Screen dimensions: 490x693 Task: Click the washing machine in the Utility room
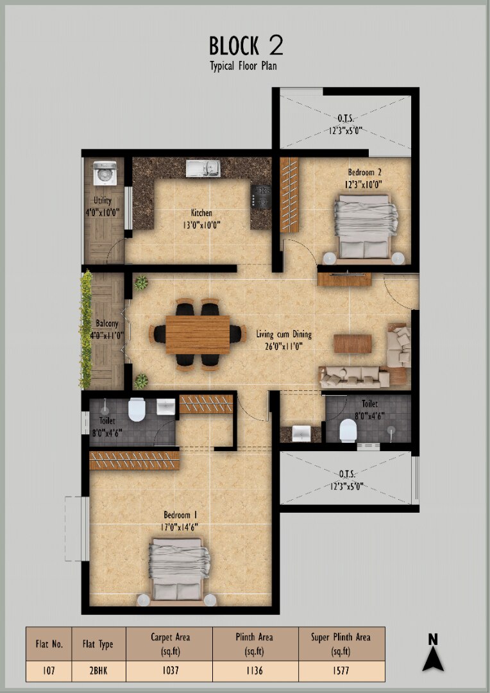click(x=105, y=173)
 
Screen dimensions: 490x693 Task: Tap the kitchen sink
click(x=203, y=168)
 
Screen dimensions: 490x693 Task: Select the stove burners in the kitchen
click(x=260, y=196)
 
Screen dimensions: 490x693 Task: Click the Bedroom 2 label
click(x=364, y=173)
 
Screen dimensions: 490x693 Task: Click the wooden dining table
click(x=198, y=334)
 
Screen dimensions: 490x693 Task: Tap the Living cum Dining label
click(x=284, y=334)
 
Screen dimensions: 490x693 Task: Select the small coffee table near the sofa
click(x=352, y=343)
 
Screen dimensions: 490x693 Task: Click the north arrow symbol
click(x=432, y=653)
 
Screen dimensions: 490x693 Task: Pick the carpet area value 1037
click(x=170, y=671)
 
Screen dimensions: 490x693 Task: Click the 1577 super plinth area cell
click(x=340, y=671)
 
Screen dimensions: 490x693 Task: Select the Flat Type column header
click(x=97, y=644)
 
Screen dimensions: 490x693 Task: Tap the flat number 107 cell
click(x=49, y=671)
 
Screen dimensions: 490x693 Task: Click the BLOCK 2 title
click(x=246, y=46)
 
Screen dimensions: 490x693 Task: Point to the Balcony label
click(x=107, y=323)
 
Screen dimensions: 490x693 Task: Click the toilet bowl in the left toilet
click(x=137, y=409)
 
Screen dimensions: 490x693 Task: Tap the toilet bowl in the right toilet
click(x=348, y=430)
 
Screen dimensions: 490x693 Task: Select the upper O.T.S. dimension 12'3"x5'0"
click(x=346, y=130)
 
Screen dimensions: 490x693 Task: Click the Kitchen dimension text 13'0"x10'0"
click(x=201, y=225)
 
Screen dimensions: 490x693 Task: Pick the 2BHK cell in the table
click(x=97, y=671)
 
